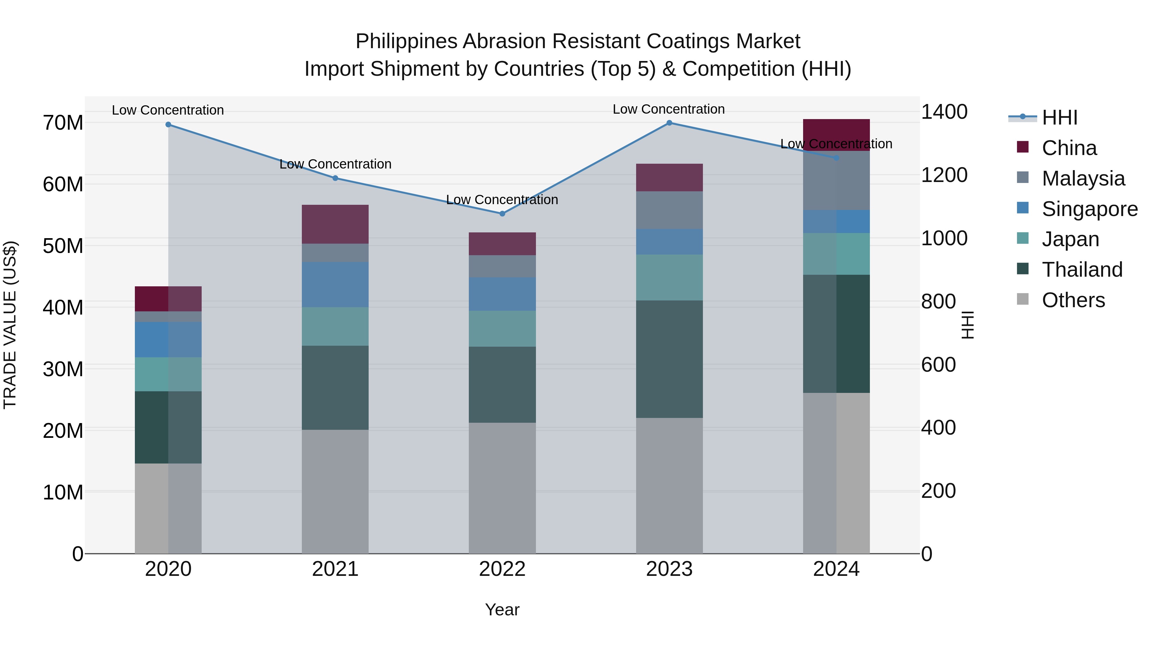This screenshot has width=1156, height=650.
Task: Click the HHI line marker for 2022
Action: click(502, 213)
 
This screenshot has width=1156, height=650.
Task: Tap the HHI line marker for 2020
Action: click(168, 124)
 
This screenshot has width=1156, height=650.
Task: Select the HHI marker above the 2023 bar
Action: click(669, 123)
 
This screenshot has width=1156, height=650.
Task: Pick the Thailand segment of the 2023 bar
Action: click(669, 359)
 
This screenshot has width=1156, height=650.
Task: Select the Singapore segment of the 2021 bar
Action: click(335, 284)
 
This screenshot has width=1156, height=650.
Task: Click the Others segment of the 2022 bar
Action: click(502, 488)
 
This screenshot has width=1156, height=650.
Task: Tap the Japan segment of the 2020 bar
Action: click(168, 374)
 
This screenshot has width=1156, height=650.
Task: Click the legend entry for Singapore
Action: click(1090, 209)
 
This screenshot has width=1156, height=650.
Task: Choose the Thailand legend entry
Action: click(1082, 270)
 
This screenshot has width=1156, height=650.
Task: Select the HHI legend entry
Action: click(1059, 117)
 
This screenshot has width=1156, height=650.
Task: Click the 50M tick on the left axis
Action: click(63, 246)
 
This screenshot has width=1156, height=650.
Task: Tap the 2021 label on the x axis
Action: click(335, 569)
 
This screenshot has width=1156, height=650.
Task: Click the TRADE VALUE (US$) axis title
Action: click(10, 325)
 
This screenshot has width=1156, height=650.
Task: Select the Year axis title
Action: click(502, 610)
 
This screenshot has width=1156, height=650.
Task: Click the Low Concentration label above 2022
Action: click(502, 200)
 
